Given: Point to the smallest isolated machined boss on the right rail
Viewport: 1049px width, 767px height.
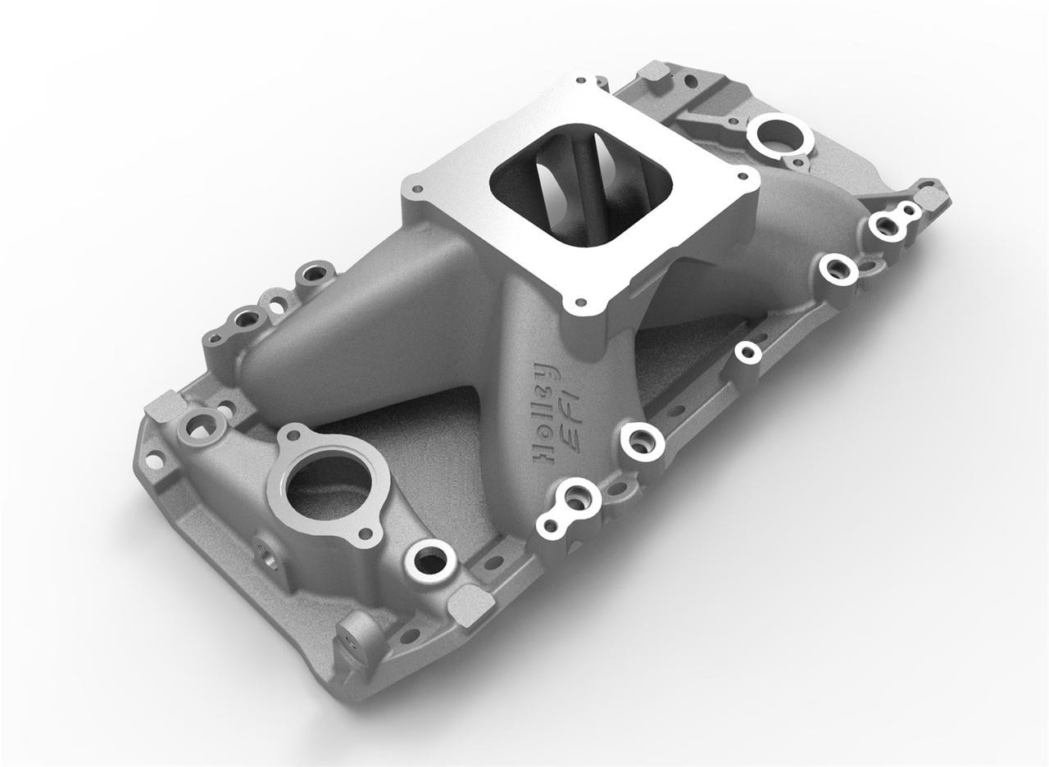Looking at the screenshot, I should (747, 352).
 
